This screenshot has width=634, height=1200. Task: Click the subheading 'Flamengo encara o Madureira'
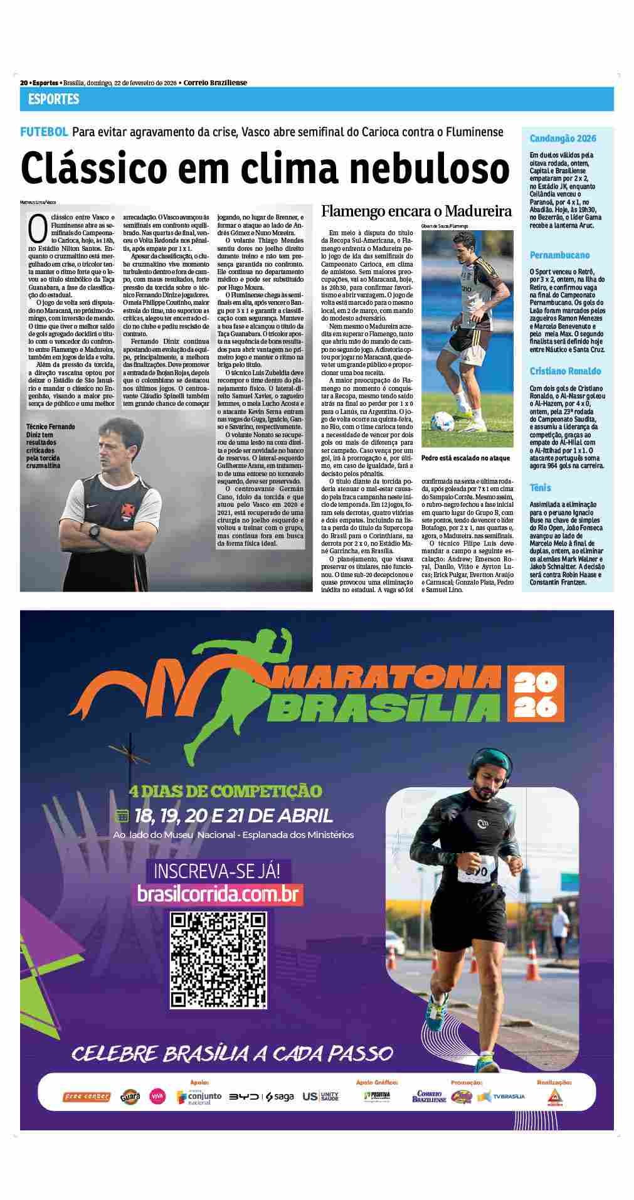tap(416, 211)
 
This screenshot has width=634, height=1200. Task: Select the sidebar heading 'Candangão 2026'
tap(563, 139)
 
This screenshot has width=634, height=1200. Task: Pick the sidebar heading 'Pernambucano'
tap(559, 255)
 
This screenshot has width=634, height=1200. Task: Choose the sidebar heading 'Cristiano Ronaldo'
tap(565, 371)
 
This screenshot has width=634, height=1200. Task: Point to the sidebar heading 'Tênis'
tap(540, 487)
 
